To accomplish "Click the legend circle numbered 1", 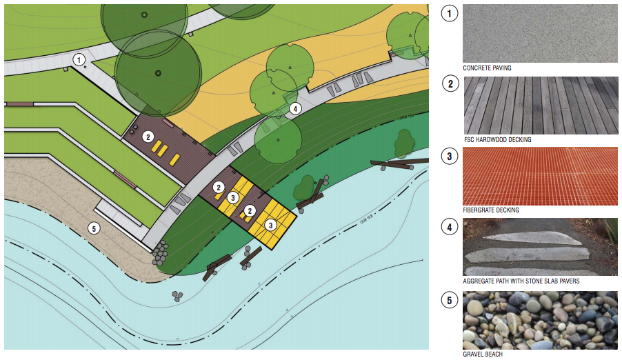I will tap(450, 13).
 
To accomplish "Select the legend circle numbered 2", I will tap(450, 84).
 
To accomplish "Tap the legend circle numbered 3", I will tap(450, 157).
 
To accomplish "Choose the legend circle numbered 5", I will tap(450, 300).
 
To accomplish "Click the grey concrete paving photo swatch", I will tap(540, 32).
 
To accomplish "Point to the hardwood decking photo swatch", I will tap(540, 105).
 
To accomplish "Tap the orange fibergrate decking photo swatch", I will tap(540, 176).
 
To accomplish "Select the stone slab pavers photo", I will tap(540, 247).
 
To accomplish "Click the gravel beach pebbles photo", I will tap(540, 320).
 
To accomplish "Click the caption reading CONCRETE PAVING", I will tap(487, 68).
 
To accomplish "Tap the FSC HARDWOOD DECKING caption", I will tap(496, 140).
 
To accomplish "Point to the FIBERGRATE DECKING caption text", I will tap(491, 210).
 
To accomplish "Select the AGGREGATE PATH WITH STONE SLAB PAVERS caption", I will tap(521, 282).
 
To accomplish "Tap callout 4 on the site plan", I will tap(295, 108).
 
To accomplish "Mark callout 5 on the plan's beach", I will tap(94, 228).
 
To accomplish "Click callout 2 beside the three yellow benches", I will tap(148, 137).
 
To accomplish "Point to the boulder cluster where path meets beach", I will tap(160, 253).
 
